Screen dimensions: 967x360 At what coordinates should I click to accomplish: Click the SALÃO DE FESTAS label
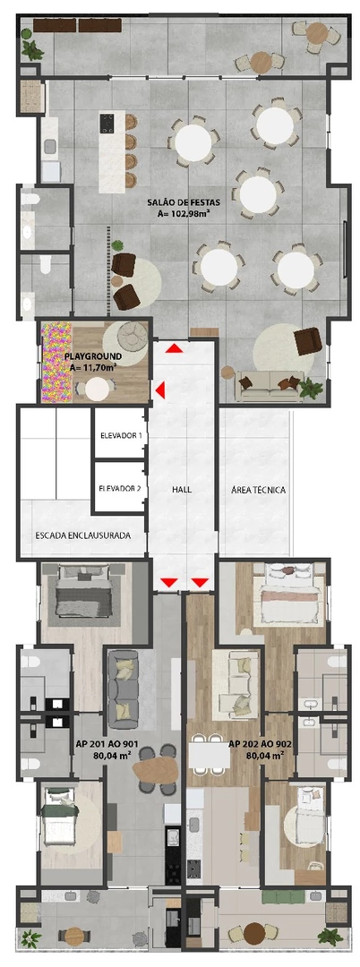[x=184, y=203]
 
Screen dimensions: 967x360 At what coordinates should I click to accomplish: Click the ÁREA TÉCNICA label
[x=258, y=490]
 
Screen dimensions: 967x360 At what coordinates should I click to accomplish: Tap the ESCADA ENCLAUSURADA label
[x=83, y=535]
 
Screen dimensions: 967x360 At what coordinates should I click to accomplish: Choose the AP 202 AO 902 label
[x=257, y=743]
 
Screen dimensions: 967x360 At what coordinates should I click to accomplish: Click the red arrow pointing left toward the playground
[x=160, y=389]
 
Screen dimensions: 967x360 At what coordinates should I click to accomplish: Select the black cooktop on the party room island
[x=107, y=122]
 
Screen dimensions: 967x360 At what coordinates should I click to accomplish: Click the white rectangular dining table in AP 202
[x=208, y=758]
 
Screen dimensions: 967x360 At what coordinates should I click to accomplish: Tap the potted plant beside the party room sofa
[x=312, y=389]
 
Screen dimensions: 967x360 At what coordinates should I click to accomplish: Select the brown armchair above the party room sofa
[x=306, y=340]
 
